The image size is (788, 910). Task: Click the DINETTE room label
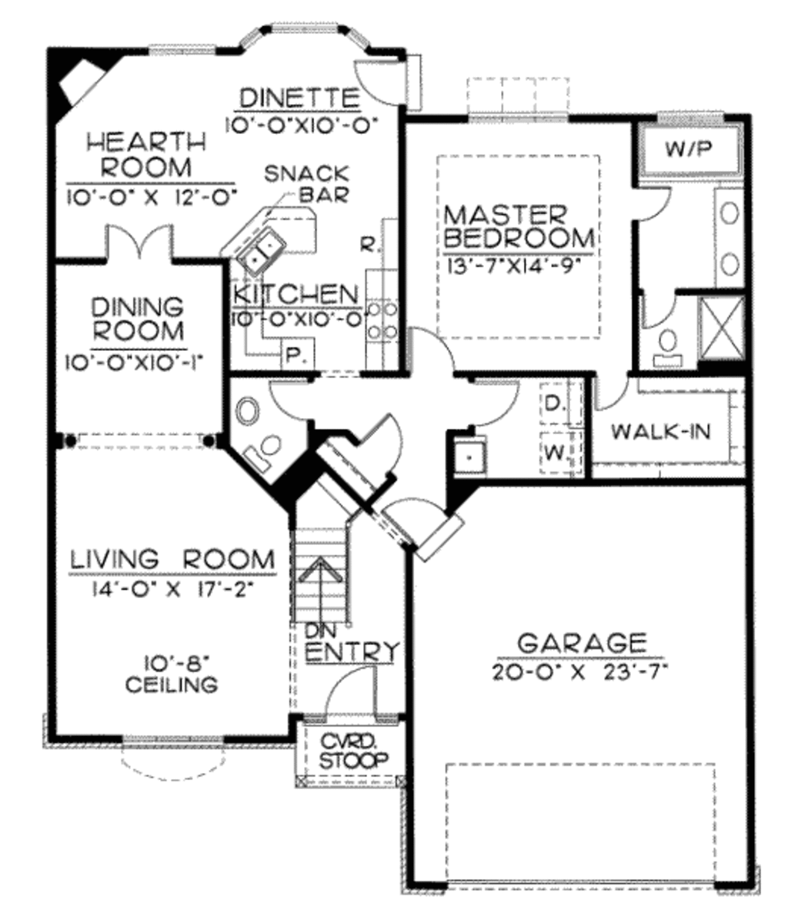click(x=299, y=99)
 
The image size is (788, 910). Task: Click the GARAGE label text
click(x=580, y=642)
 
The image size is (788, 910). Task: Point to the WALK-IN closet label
click(x=661, y=431)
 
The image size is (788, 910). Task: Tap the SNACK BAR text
click(x=306, y=184)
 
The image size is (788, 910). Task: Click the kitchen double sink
click(x=260, y=251)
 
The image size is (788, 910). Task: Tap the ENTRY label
click(x=353, y=651)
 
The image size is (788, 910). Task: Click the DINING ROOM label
click(x=137, y=319)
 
